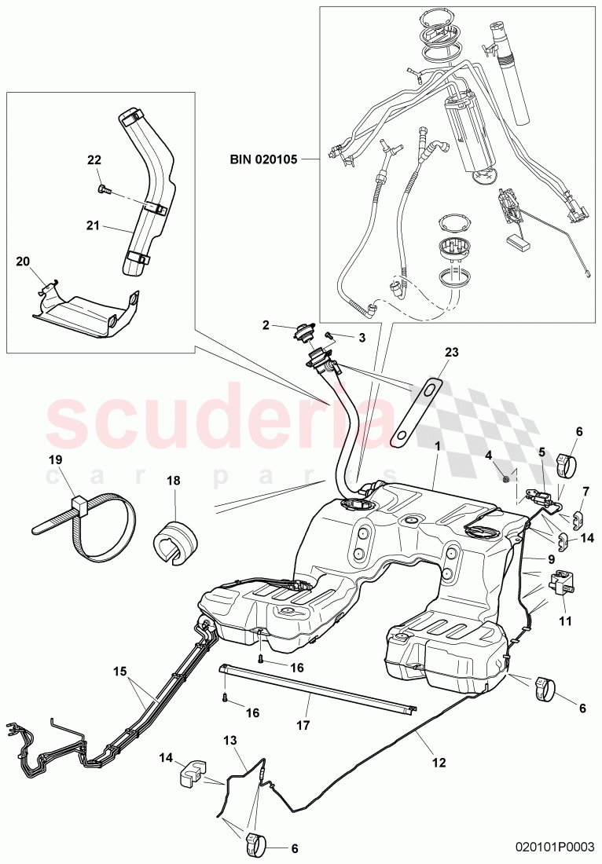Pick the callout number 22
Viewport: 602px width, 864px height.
[94, 159]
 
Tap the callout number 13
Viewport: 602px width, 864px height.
[229, 741]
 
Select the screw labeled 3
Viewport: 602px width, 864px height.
[331, 335]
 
